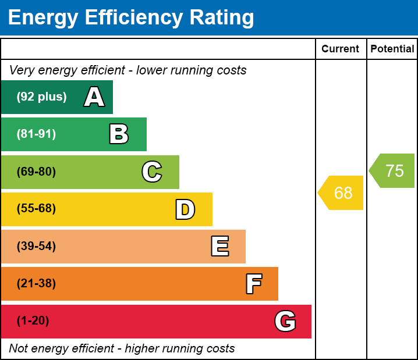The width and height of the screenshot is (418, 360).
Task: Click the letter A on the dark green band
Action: tap(94, 97)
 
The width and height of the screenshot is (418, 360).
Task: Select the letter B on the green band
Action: tap(119, 134)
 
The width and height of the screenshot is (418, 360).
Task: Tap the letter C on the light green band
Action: tap(152, 172)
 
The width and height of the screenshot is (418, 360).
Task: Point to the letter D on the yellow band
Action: tap(185, 209)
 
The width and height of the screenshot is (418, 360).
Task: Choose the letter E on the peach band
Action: tap(219, 247)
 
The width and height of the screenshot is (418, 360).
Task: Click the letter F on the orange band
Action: tap(253, 284)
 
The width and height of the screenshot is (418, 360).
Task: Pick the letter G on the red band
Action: tap(285, 321)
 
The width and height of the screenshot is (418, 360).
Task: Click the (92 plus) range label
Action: tap(41, 97)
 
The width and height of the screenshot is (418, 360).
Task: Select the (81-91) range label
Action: tap(36, 134)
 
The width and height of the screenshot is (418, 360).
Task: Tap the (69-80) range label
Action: tap(36, 172)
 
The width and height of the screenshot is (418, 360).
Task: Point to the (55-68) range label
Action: tap(36, 209)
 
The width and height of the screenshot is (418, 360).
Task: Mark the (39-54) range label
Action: tap(36, 247)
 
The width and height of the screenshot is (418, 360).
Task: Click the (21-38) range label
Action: tap(36, 284)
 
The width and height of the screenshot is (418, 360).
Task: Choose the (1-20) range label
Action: tap(33, 321)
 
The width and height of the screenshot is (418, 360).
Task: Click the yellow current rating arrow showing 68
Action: tap(342, 193)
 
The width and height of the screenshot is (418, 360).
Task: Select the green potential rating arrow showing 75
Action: tap(393, 171)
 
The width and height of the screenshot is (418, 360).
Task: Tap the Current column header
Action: tap(341, 49)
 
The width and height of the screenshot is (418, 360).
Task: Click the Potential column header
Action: tap(392, 49)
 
